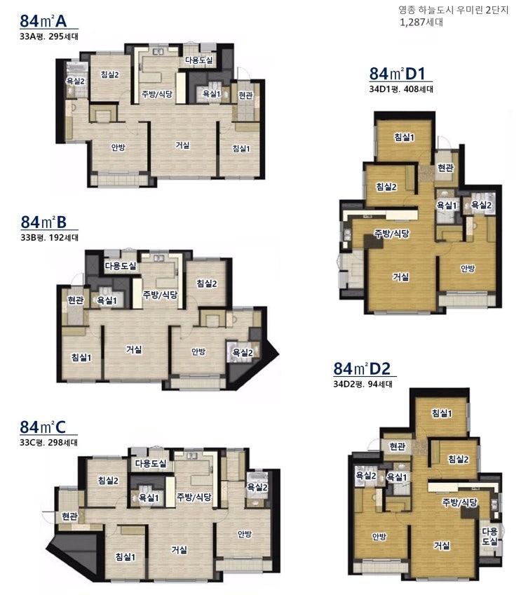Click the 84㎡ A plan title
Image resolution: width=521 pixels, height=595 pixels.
[43, 21]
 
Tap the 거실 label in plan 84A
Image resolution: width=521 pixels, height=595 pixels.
[182, 145]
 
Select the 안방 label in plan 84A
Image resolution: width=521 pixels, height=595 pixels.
[119, 147]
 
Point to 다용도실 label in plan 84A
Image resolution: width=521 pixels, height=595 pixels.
[198, 60]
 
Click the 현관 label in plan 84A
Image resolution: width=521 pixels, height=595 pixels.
[245, 95]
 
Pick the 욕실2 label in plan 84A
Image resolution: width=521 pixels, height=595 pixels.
[76, 81]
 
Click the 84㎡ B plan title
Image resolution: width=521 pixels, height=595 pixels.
[43, 222]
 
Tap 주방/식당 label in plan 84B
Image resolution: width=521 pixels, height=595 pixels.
[160, 295]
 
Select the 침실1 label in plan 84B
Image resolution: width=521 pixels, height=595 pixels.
[81, 357]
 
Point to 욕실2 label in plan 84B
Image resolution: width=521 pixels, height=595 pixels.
[243, 353]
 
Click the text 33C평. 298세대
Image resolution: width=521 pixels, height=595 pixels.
[49, 443]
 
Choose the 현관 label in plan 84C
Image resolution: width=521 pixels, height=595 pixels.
[69, 516]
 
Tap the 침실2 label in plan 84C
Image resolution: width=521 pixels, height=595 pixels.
[109, 481]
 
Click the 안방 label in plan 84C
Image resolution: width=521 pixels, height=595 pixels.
[245, 534]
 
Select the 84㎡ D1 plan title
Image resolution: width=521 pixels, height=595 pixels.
[398, 74]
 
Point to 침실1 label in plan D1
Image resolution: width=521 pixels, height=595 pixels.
[404, 137]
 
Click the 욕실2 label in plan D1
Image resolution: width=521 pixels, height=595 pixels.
[481, 205]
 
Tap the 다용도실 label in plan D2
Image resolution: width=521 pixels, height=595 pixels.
[489, 536]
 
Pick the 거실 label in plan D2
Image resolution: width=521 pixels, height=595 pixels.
[442, 545]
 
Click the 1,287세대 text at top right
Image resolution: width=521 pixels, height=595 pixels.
[421, 22]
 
